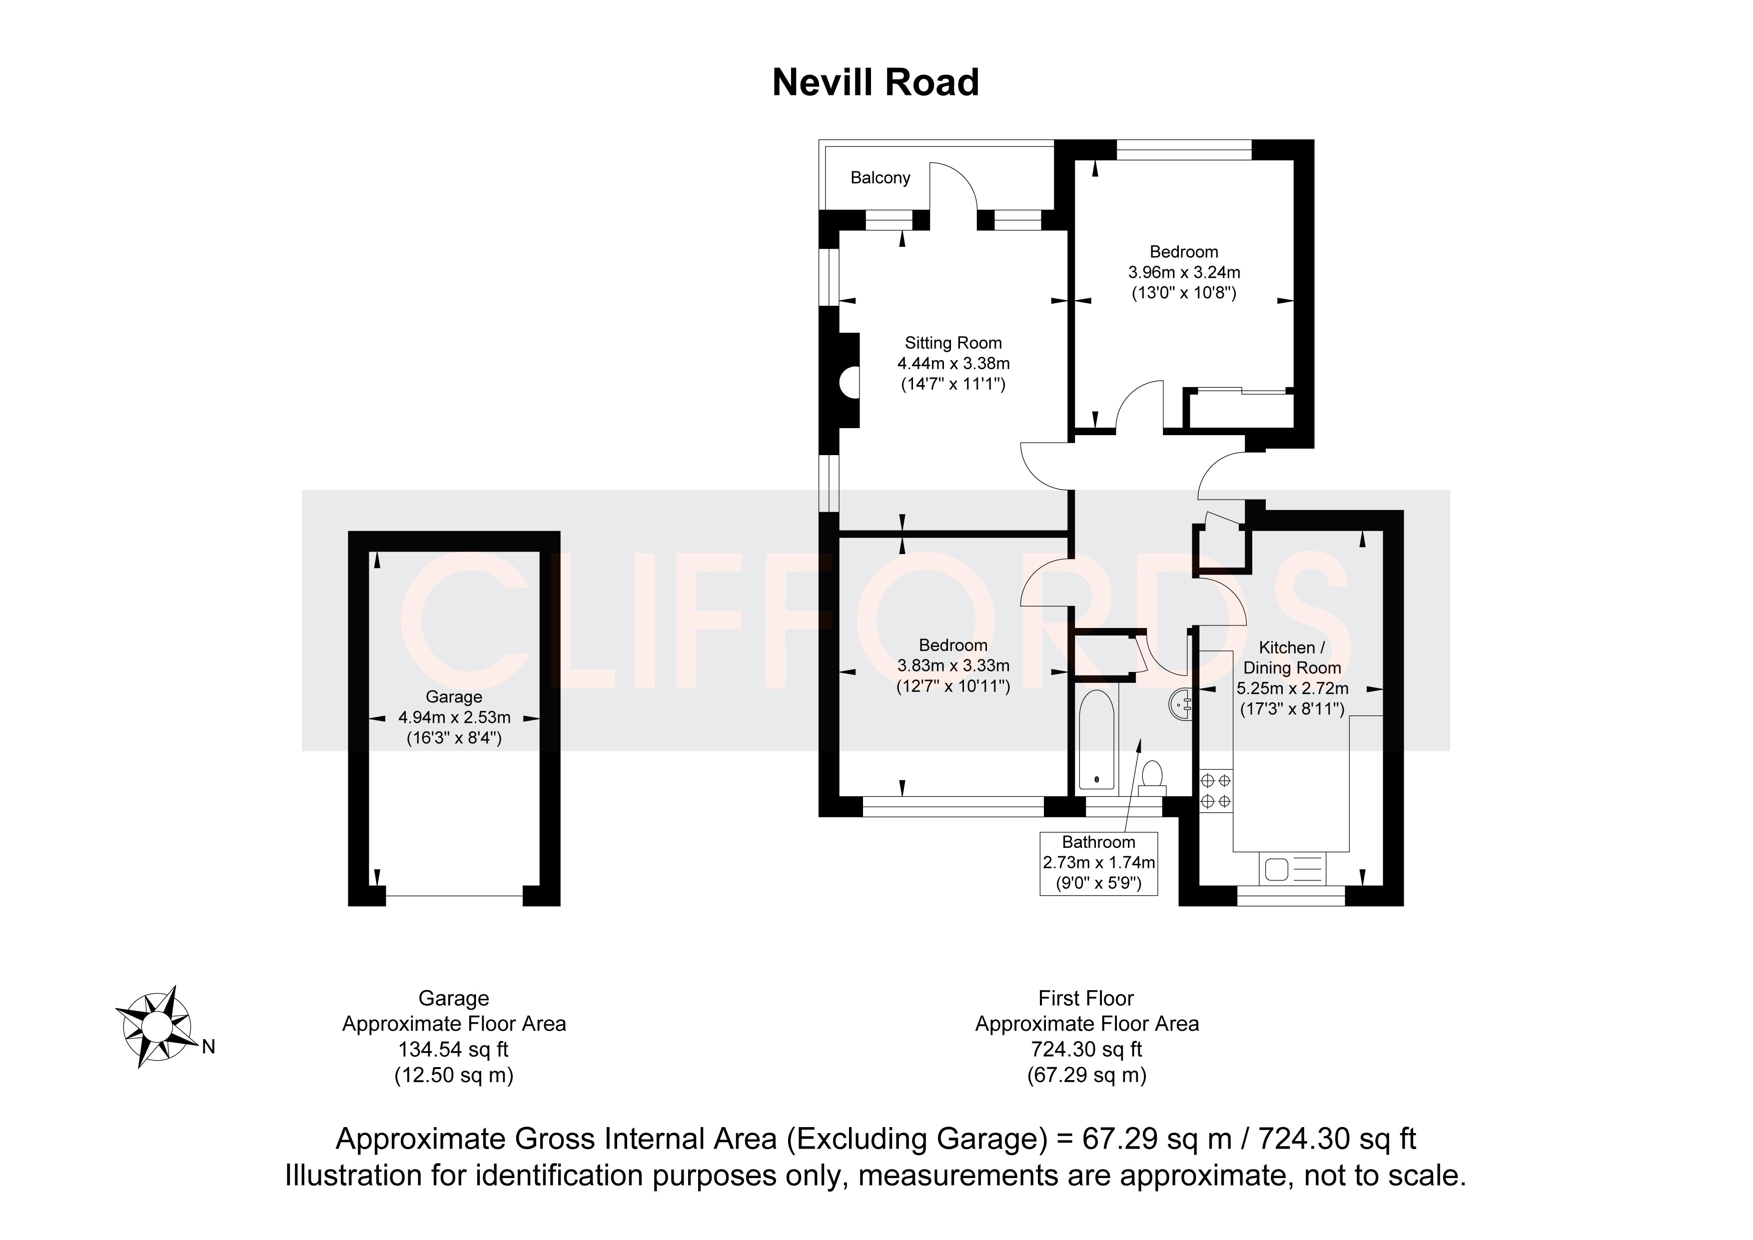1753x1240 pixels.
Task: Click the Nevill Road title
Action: pos(875,82)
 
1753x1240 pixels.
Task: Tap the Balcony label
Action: pos(880,178)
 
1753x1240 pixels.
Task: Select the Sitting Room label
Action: pos(953,344)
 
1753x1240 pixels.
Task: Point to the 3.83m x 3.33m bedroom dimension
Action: pos(953,666)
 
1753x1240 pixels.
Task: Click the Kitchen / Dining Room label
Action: pos(1292,657)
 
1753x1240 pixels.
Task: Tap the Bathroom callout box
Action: pos(1099,864)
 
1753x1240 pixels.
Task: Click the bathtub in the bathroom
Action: pos(1097,739)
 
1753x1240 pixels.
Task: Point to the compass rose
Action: pos(157,1026)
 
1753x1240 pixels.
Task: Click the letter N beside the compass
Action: pos(208,1047)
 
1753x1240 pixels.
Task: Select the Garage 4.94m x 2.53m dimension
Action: pos(454,718)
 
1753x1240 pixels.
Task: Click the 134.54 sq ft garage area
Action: pos(454,1050)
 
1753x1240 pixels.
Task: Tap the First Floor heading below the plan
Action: pos(1086,999)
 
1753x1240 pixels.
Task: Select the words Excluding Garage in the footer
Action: pos(916,1139)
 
